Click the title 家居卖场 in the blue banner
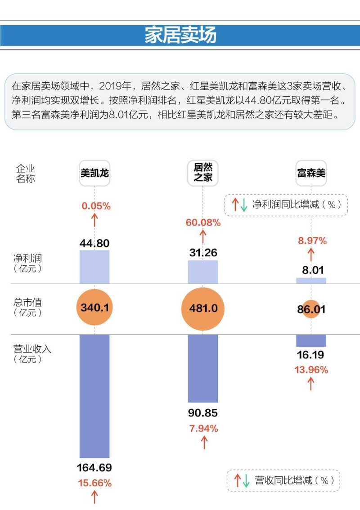pyautogui.click(x=180, y=35)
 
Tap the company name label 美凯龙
pyautogui.click(x=94, y=173)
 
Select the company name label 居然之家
pyautogui.click(x=203, y=172)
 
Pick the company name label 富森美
pyautogui.click(x=311, y=173)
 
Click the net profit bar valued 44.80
pyautogui.click(x=94, y=267)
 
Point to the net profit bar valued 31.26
pyautogui.click(x=203, y=272)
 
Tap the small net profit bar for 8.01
pyautogui.click(x=311, y=281)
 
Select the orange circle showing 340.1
pyautogui.click(x=94, y=308)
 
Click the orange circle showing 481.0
pyautogui.click(x=203, y=309)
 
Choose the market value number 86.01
pyautogui.click(x=311, y=309)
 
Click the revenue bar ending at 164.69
pyautogui.click(x=94, y=396)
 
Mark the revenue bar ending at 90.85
pyautogui.click(x=203, y=368)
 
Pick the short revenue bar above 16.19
pyautogui.click(x=311, y=340)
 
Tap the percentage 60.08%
pyautogui.click(x=203, y=223)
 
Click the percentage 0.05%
pyautogui.click(x=96, y=206)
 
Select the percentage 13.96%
pyautogui.click(x=311, y=370)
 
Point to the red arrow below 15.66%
pyautogui.click(x=95, y=497)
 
